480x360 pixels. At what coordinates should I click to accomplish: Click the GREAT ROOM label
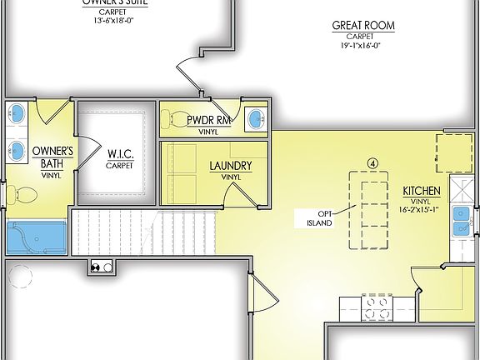(363, 26)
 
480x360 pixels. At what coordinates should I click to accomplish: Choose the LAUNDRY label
(231, 166)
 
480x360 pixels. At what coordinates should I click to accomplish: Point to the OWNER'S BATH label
(52, 157)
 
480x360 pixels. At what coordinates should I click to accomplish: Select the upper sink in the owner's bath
(16, 113)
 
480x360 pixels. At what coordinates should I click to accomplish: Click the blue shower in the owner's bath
(37, 237)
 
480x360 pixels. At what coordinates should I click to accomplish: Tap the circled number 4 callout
(373, 162)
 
